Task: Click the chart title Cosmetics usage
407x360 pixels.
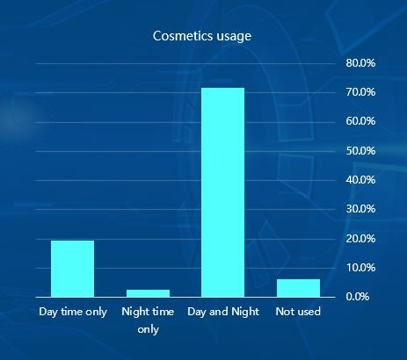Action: [x=202, y=36]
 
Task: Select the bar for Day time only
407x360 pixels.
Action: [x=72, y=269]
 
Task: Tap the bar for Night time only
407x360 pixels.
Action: [x=148, y=293]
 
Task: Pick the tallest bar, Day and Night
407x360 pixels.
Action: [x=223, y=192]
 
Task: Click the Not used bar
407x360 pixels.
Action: [x=298, y=288]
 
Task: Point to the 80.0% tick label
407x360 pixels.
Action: [x=360, y=63]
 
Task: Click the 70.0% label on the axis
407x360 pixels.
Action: [x=360, y=92]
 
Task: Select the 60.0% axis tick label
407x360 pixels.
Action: [x=360, y=121]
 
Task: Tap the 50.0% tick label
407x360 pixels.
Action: [x=360, y=151]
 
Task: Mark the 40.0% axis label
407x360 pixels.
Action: [x=360, y=180]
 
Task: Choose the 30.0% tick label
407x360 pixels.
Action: [x=360, y=209]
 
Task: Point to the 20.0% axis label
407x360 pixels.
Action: [x=360, y=239]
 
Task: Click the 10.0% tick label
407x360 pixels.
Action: [x=360, y=268]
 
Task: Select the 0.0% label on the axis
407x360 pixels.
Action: [x=357, y=297]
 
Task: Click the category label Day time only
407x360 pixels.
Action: [x=73, y=312]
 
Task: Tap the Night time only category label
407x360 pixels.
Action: [x=148, y=320]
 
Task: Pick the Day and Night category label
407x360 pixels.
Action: [x=223, y=312]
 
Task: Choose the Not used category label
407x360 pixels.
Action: [x=298, y=312]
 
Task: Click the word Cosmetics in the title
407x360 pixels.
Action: [x=183, y=36]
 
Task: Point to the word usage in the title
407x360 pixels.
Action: [x=234, y=37]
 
